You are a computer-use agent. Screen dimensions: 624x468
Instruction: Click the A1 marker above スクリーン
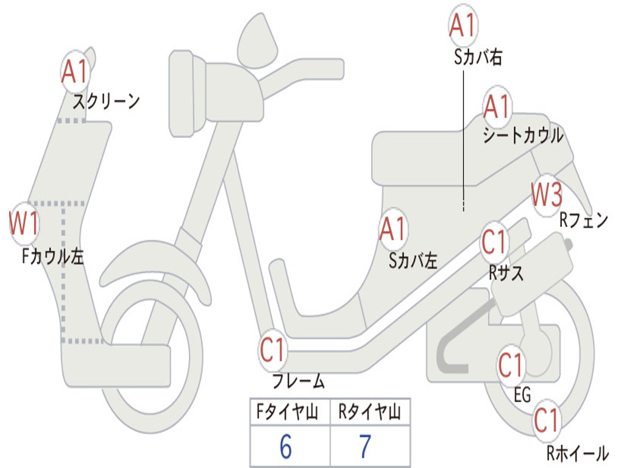coord(76,72)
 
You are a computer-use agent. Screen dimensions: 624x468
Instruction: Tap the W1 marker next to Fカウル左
coord(24,224)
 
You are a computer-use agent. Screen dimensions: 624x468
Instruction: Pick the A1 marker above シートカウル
coord(497,107)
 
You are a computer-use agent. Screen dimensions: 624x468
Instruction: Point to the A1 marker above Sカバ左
coord(392,230)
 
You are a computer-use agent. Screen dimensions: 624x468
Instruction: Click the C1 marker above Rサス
coord(494,243)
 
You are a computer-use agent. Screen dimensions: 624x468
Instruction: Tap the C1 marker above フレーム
coord(272,350)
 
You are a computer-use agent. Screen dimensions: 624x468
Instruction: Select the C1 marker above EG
coord(511,366)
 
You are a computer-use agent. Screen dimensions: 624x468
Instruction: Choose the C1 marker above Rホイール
coord(546,420)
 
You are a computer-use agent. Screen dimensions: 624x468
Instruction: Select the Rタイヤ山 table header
coord(370,413)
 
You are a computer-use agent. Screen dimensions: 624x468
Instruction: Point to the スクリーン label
coord(107,101)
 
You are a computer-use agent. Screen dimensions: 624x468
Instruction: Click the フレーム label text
coord(299,382)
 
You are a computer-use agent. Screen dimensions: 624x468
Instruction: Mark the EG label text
coord(522,395)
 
